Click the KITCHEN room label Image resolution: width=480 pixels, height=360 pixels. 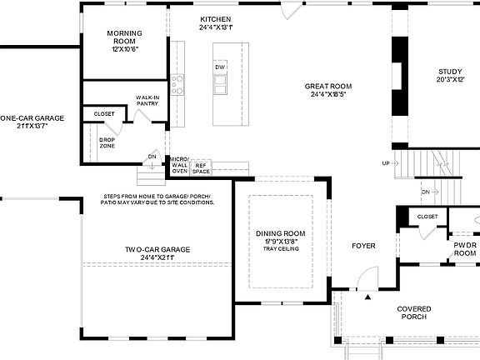(215, 18)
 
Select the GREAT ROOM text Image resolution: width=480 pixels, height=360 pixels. (327, 86)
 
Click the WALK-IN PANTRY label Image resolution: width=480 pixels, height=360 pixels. (148, 101)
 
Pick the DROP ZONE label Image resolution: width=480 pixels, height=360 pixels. (107, 142)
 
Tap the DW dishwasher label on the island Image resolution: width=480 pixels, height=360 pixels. (219, 67)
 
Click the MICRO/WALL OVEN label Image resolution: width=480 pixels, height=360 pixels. (179, 164)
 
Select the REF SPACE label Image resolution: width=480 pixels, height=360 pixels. (200, 167)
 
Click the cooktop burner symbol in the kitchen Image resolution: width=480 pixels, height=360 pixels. (177, 82)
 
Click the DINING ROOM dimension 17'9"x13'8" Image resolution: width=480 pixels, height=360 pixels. (280, 242)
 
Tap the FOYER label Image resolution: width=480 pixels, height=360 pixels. (363, 246)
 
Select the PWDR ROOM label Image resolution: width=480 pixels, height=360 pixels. (464, 248)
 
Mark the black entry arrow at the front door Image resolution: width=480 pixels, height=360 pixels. (367, 295)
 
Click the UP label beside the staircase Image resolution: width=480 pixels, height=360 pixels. (385, 162)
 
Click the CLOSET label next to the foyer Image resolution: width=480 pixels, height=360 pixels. (427, 217)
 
